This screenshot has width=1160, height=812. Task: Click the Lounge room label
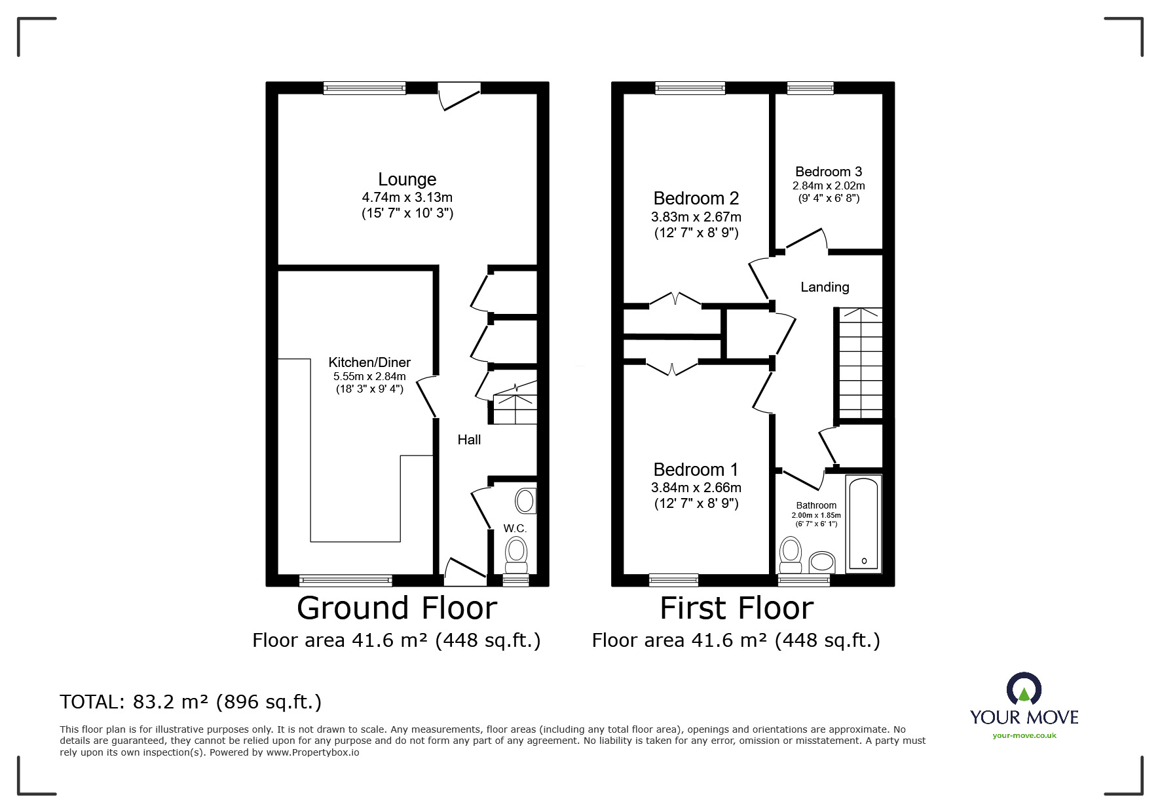[407, 179]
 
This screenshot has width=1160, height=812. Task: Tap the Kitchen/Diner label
[369, 362]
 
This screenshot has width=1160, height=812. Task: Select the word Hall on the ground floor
[469, 440]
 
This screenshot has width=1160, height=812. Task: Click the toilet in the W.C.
[516, 554]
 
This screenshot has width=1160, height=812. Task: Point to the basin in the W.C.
[525, 501]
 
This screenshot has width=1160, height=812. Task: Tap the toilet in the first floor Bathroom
[791, 555]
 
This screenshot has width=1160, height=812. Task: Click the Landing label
[825, 287]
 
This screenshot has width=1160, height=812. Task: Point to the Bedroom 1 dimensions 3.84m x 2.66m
[696, 488]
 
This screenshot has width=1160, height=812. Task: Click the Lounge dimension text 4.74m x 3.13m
[407, 197]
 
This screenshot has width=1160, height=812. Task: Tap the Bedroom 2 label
[696, 198]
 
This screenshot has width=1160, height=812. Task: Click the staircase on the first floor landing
[860, 363]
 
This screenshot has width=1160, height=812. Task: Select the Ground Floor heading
[397, 608]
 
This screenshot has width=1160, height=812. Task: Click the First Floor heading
[736, 608]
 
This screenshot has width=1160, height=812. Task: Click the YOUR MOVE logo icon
[1024, 689]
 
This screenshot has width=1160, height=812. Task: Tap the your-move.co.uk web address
[1024, 735]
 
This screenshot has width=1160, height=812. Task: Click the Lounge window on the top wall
[365, 88]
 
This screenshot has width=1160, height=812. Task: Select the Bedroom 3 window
[810, 88]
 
